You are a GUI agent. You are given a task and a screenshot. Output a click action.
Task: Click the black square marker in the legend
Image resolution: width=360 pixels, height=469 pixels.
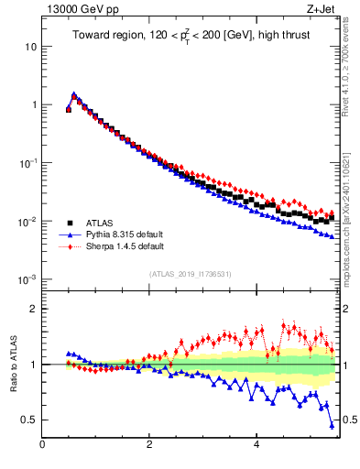pyautogui.click(x=70, y=223)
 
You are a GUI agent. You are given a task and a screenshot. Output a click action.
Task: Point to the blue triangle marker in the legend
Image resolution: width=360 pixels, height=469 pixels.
pyautogui.click(x=70, y=234)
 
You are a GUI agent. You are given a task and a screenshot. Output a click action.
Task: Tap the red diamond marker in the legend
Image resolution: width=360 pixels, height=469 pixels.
pyautogui.click(x=70, y=246)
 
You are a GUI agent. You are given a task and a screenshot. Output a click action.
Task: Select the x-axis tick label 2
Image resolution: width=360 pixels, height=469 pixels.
pyautogui.click(x=149, y=445)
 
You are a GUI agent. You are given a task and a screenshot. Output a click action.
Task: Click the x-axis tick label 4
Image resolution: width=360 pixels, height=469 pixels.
pyautogui.click(x=256, y=445)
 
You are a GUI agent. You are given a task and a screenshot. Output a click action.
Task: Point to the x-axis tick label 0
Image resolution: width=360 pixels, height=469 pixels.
pyautogui.click(x=42, y=445)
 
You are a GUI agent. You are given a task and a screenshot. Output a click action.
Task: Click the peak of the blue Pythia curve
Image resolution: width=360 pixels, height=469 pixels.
pyautogui.click(x=74, y=93)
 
